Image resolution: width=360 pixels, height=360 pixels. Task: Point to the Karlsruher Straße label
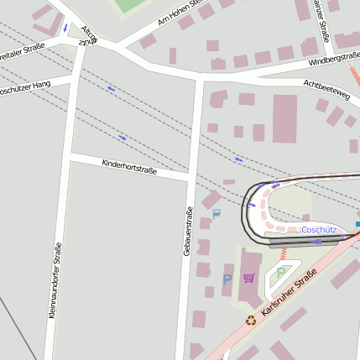[289, 293]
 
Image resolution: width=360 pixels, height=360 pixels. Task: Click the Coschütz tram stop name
[318, 229]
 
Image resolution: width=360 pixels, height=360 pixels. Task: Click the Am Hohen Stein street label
[179, 13]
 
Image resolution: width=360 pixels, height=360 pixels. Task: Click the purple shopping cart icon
[249, 278]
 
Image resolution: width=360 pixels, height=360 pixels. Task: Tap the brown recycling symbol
[250, 319]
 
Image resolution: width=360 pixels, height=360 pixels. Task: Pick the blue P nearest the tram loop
[216, 214]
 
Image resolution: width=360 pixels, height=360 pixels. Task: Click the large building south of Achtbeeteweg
[284, 118]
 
